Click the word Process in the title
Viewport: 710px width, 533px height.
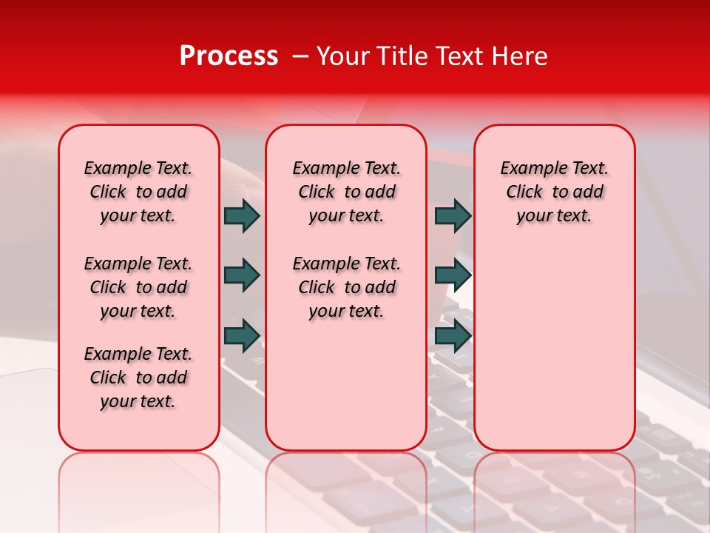pyautogui.click(x=229, y=56)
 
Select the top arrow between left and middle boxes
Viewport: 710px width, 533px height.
pyautogui.click(x=242, y=215)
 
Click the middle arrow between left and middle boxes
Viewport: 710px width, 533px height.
pyautogui.click(x=242, y=275)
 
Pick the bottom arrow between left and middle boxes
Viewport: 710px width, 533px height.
pyautogui.click(x=242, y=335)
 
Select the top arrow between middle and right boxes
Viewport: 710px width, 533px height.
pyautogui.click(x=453, y=215)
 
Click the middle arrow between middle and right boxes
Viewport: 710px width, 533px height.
pyautogui.click(x=453, y=275)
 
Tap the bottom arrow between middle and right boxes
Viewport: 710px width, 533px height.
pyautogui.click(x=453, y=335)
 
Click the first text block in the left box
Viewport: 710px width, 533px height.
pyautogui.click(x=138, y=192)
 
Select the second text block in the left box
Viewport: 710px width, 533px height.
pyautogui.click(x=138, y=287)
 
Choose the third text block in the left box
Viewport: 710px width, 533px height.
pyautogui.click(x=138, y=378)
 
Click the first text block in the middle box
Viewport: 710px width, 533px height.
pyautogui.click(x=346, y=192)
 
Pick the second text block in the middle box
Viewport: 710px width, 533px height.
pyautogui.click(x=346, y=287)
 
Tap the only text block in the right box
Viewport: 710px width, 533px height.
pyautogui.click(x=554, y=192)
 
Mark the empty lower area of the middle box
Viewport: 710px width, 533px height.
pyautogui.click(x=346, y=385)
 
